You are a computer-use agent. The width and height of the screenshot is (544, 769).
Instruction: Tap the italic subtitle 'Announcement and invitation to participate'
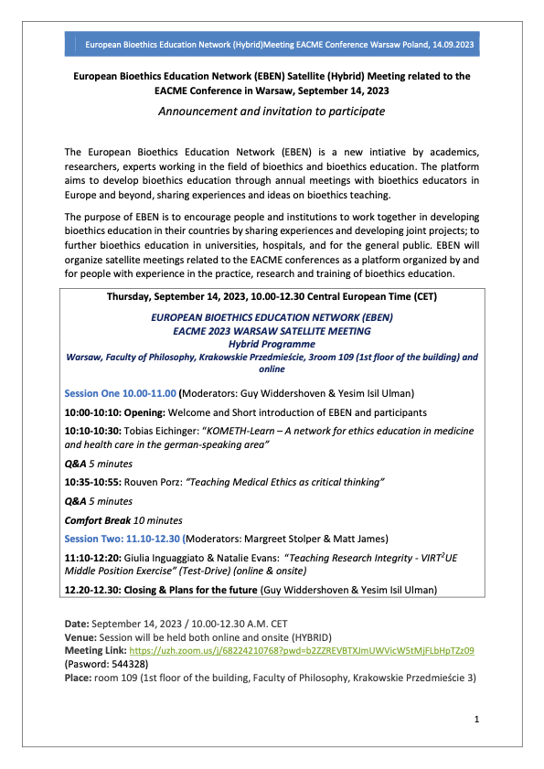[x=272, y=111]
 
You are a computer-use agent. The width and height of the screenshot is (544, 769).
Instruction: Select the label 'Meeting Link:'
[x=100, y=650]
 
